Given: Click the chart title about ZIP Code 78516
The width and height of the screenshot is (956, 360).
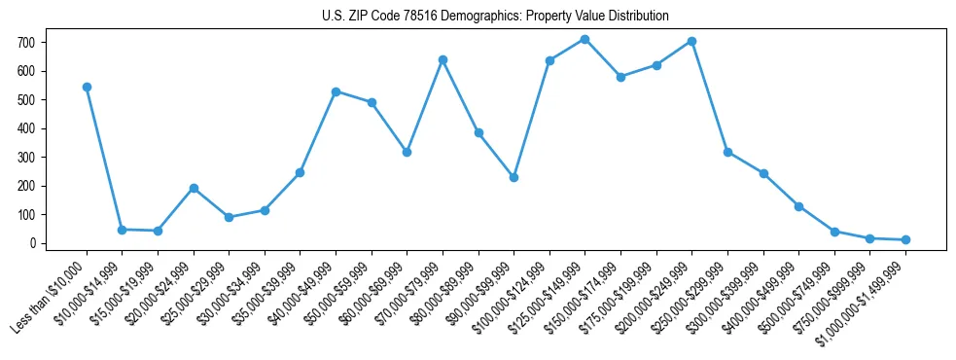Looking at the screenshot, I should (x=495, y=16).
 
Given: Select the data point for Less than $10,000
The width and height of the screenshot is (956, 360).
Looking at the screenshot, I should (x=87, y=87).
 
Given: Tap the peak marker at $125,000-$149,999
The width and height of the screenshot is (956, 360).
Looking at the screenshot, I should (x=584, y=39).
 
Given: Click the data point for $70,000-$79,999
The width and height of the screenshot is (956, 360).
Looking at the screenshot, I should (x=443, y=59).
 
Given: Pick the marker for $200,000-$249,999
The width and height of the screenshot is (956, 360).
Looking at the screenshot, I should (x=691, y=41).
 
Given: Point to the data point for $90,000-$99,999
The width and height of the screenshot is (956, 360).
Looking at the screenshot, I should (x=513, y=177).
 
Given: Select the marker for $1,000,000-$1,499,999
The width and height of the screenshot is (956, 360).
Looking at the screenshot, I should (x=905, y=239).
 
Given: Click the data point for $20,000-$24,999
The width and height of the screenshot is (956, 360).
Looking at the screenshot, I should (x=194, y=188).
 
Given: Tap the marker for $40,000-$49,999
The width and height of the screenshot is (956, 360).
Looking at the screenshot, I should (x=336, y=91).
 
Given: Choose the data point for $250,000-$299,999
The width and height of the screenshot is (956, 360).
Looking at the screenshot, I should (x=727, y=152).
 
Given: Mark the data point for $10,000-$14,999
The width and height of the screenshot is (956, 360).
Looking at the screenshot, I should (x=122, y=230).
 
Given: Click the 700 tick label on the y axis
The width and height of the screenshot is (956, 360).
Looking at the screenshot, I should (x=25, y=43).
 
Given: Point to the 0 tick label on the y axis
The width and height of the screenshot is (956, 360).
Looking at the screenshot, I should (x=32, y=243).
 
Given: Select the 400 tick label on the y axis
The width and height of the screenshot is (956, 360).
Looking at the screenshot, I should (x=25, y=128).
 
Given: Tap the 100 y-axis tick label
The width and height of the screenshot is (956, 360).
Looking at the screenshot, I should (x=25, y=214).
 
